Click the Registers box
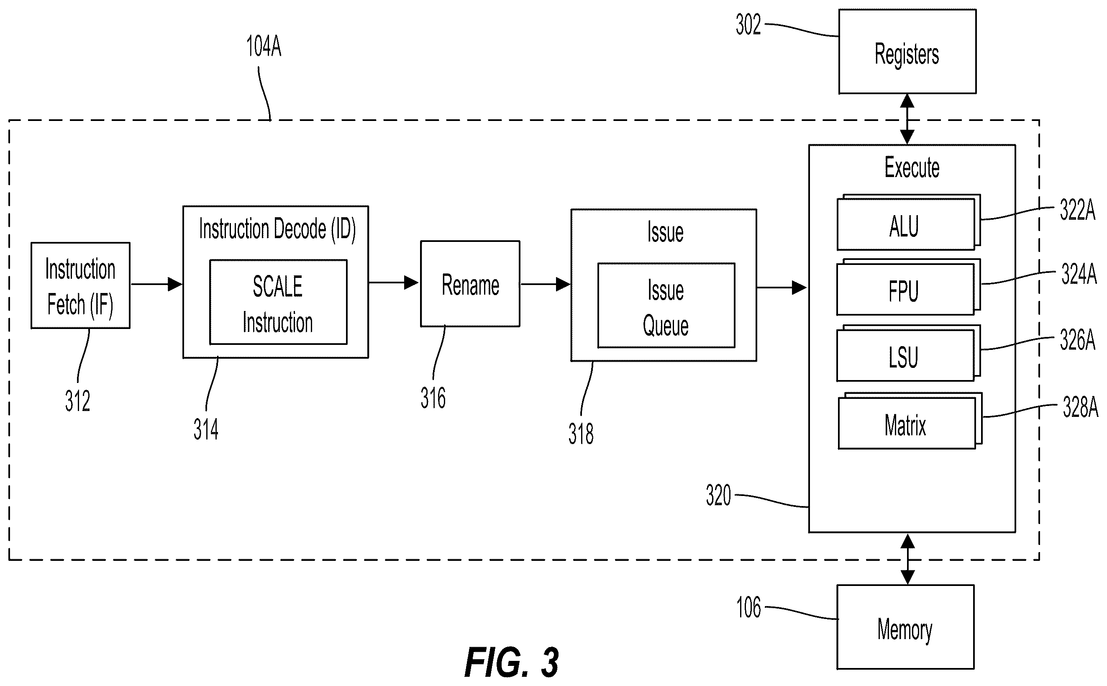click(907, 51)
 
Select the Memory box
click(905, 627)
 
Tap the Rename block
click(470, 283)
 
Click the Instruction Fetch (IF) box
click(80, 285)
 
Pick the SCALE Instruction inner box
click(278, 302)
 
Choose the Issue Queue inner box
click(666, 306)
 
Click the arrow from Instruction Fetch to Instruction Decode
click(156, 285)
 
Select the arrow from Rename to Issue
click(545, 285)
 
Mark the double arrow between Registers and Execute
click(907, 119)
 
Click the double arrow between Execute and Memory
click(907, 559)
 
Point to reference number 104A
click(264, 47)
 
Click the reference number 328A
click(1081, 407)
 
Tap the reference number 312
click(77, 401)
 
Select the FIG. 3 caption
click(512, 663)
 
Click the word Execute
click(912, 167)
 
